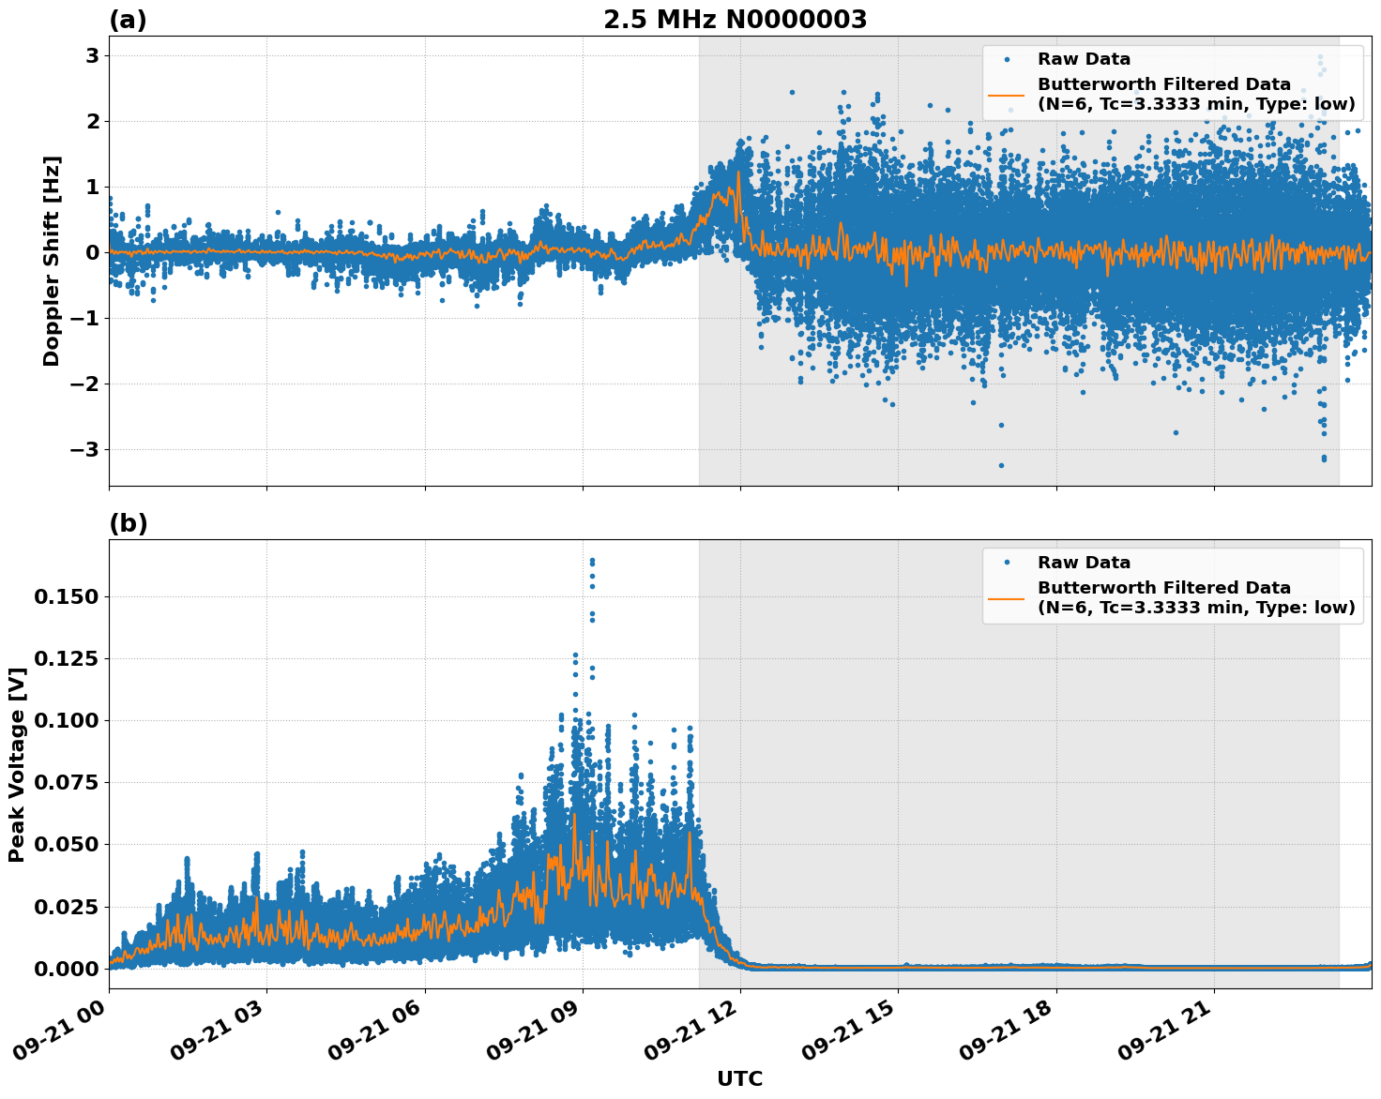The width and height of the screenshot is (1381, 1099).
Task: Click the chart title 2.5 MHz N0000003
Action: (x=735, y=20)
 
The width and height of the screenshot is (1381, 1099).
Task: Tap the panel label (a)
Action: (x=128, y=20)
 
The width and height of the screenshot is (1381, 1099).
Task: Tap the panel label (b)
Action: (x=128, y=523)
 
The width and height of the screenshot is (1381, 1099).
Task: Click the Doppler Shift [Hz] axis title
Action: (x=52, y=261)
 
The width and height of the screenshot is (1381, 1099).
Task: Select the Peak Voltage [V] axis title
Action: (x=16, y=764)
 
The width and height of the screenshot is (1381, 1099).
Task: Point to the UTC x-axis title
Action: (x=739, y=1078)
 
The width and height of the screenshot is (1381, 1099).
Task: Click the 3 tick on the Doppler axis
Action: (x=93, y=56)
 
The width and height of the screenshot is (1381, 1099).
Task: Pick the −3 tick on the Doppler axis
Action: (x=86, y=450)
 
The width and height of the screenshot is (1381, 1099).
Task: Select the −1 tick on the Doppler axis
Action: (x=86, y=319)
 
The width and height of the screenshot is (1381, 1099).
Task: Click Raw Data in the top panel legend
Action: (x=1084, y=60)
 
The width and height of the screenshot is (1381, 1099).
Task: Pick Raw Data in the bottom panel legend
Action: (x=1084, y=564)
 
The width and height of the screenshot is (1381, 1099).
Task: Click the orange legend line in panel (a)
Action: (x=1006, y=95)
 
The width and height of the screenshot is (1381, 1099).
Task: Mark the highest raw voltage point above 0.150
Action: (x=592, y=561)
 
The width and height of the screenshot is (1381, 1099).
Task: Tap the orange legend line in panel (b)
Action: (x=1006, y=598)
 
